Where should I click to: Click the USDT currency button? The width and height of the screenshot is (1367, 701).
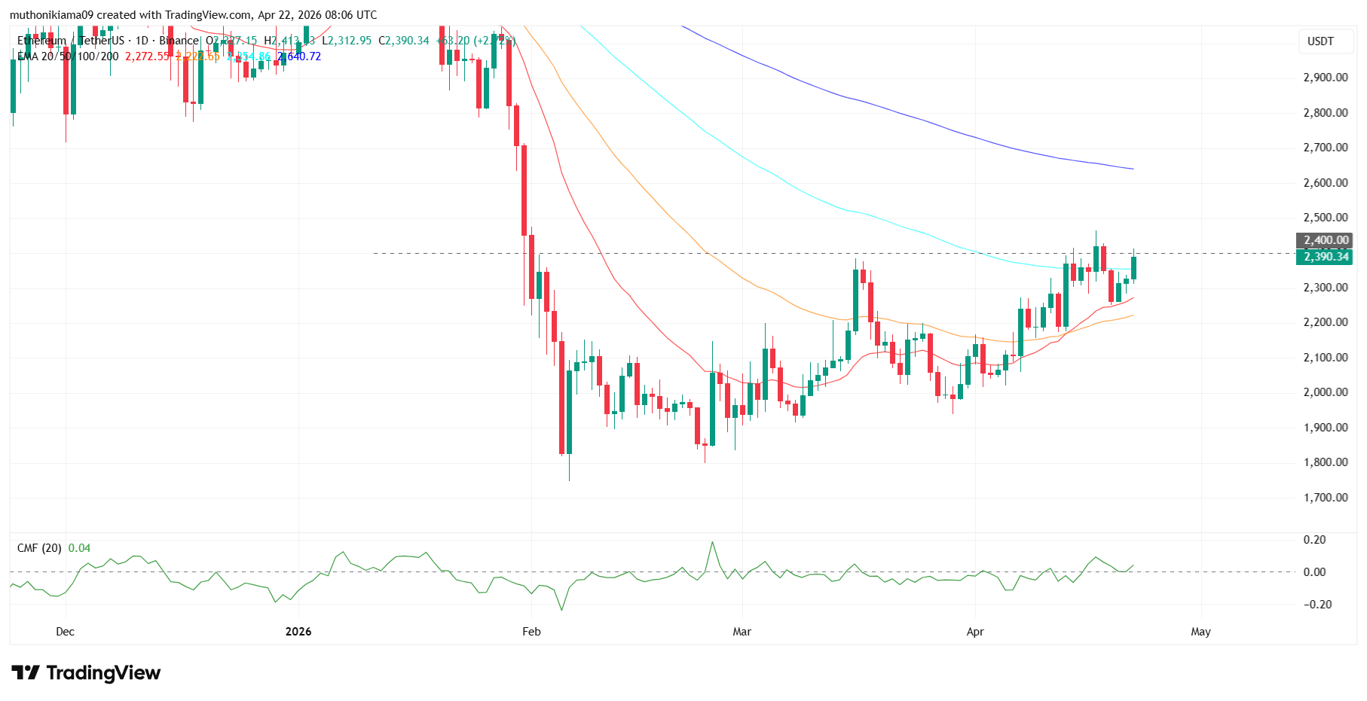[1320, 41]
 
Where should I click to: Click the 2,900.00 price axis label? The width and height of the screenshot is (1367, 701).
[1325, 78]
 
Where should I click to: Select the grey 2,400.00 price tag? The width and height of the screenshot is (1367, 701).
[1326, 240]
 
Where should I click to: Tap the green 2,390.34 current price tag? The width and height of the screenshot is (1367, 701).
[1326, 257]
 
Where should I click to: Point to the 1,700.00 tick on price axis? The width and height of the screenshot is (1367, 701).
[1325, 498]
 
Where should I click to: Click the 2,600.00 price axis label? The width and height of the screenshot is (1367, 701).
[1325, 183]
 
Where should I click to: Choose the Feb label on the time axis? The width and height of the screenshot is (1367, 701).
[531, 632]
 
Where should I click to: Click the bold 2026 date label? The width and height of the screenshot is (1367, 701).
[298, 632]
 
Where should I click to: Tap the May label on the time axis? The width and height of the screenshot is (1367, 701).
[1200, 632]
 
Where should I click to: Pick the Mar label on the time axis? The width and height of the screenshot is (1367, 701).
[742, 632]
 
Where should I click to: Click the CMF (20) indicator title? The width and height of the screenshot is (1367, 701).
[39, 548]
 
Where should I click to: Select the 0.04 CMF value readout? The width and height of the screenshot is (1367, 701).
[79, 548]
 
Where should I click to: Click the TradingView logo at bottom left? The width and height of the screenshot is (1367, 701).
[86, 672]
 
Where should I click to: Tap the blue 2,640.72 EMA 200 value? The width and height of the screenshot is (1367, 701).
[300, 56]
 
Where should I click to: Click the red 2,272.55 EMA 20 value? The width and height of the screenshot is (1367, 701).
[148, 56]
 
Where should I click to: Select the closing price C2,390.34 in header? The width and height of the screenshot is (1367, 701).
[404, 41]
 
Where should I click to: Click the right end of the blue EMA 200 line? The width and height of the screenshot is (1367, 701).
[1133, 169]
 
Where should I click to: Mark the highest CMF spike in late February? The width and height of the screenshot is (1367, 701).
[712, 542]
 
